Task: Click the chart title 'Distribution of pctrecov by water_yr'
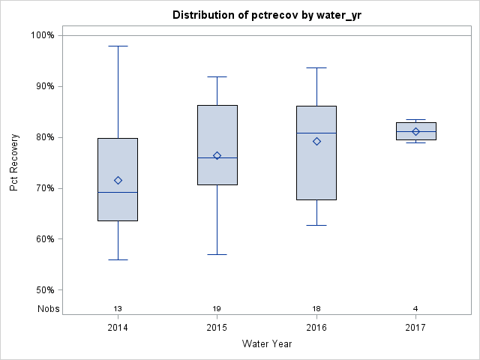266,15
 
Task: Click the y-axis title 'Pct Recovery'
15,163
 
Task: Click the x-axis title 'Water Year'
266,344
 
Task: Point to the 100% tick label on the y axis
42,35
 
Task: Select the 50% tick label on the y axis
44,290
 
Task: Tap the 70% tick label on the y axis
44,188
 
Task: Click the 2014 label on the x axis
118,328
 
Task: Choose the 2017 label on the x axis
415,328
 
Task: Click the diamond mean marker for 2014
118,180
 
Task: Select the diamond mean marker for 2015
217,156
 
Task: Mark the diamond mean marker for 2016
316,141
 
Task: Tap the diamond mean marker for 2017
415,131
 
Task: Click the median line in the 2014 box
118,193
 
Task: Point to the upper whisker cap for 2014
118,46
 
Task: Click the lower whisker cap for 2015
217,254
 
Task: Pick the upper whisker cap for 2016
316,67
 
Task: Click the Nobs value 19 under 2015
217,309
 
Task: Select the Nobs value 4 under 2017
415,309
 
